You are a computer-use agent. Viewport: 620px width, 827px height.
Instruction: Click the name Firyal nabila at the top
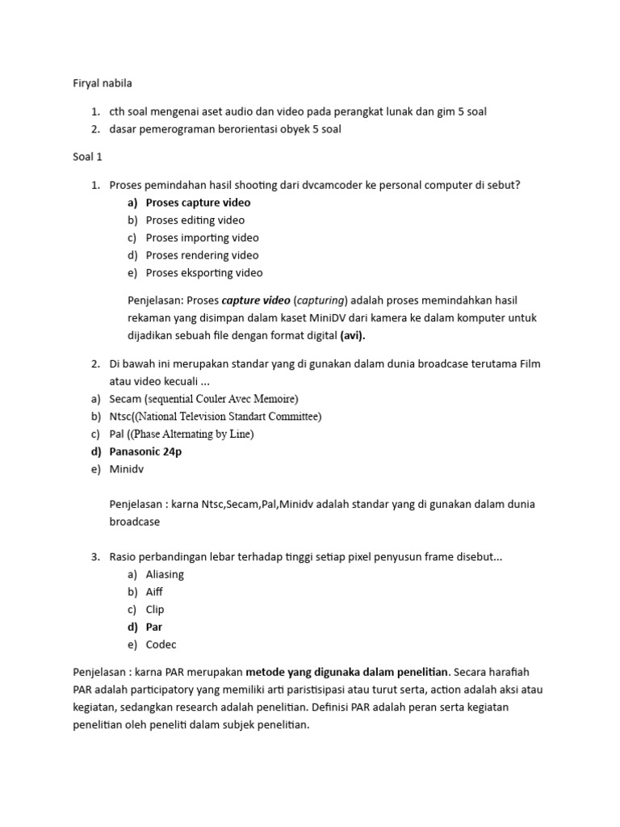point(102,83)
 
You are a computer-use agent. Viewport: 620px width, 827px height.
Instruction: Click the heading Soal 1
point(87,157)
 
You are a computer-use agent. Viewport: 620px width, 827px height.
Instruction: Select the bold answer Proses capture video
point(198,203)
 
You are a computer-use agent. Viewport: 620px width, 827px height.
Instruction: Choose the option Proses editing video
point(195,220)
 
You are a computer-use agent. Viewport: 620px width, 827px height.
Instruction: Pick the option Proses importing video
point(202,238)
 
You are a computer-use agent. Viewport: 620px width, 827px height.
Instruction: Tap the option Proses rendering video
point(202,255)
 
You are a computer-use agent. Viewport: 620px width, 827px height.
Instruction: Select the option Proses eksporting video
point(203,273)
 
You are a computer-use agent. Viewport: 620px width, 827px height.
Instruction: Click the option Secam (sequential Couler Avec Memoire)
point(203,399)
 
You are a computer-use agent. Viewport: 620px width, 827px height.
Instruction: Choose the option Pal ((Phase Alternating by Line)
point(182,434)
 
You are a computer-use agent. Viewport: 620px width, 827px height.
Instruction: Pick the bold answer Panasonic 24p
point(145,451)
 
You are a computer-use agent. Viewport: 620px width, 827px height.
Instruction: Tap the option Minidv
point(127,469)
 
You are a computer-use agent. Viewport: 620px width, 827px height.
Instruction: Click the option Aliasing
point(165,574)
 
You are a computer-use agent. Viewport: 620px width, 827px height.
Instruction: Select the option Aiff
point(154,592)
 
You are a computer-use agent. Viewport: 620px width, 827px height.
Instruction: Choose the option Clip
point(155,610)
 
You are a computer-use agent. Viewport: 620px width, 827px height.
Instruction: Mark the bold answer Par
point(154,627)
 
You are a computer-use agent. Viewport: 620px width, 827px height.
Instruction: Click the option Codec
point(161,644)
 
